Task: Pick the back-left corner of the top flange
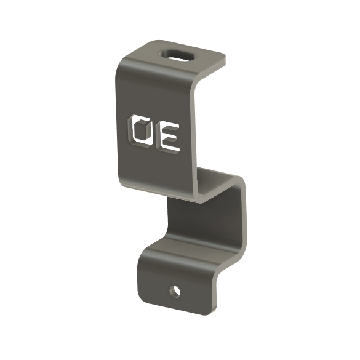pyautogui.click(x=150, y=42)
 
